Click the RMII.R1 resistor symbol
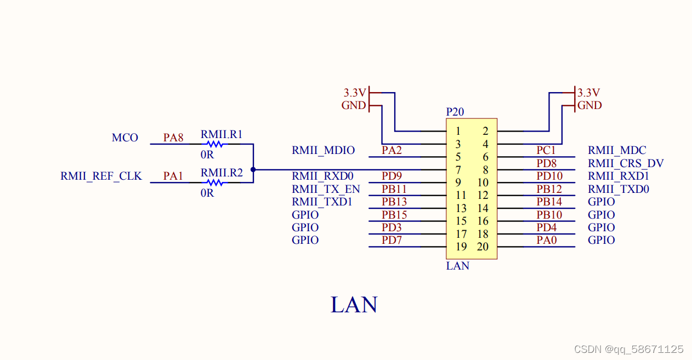(215, 144)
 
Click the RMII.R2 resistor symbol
(215, 182)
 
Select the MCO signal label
(125, 138)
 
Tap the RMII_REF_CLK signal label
(101, 176)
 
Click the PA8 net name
(173, 138)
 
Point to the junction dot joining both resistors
(253, 169)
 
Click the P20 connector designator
(455, 112)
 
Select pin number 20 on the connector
(483, 247)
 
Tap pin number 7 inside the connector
(458, 170)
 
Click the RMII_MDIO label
(323, 150)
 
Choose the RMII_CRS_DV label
(626, 163)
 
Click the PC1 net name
(546, 150)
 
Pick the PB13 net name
(394, 202)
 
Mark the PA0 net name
(547, 240)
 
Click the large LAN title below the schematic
(354, 305)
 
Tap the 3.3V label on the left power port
(354, 93)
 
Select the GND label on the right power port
(589, 105)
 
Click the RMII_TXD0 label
(619, 189)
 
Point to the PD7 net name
(392, 240)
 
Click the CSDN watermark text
(628, 349)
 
